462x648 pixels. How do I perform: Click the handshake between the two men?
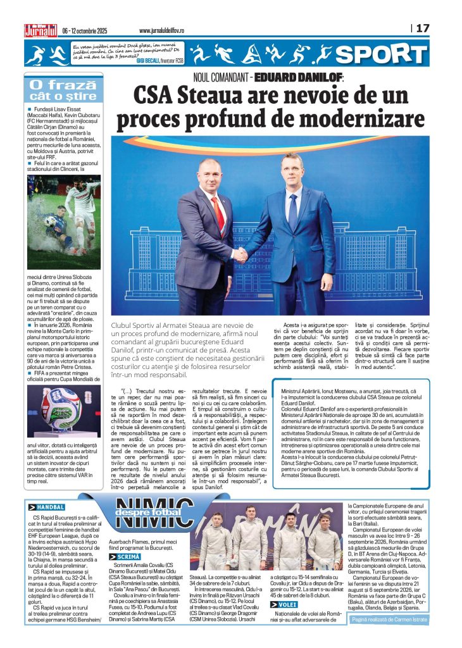click(x=240, y=254)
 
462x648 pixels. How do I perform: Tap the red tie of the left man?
click(x=220, y=212)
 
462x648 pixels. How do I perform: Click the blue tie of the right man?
click(x=292, y=209)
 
